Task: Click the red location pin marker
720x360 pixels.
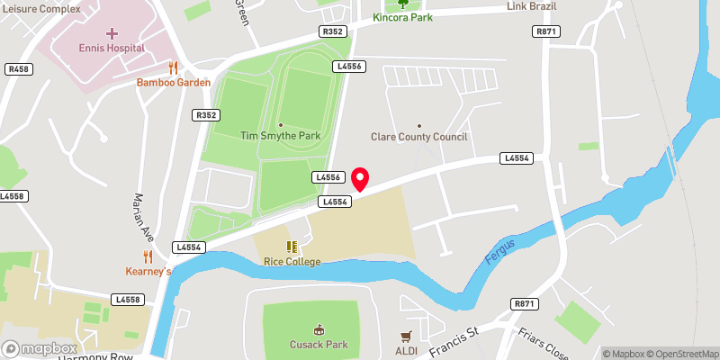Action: (x=360, y=178)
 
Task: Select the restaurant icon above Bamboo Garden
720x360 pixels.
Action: (x=174, y=67)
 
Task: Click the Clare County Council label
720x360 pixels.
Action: (x=419, y=137)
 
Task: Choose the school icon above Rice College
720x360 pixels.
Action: (x=292, y=246)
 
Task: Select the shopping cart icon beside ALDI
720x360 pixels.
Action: (x=407, y=336)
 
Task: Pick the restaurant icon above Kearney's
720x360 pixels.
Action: (x=148, y=256)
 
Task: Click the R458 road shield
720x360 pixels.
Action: (x=18, y=68)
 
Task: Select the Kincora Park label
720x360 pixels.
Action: (x=402, y=17)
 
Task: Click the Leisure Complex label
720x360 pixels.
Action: (x=41, y=7)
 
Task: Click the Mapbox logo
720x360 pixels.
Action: (x=40, y=348)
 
